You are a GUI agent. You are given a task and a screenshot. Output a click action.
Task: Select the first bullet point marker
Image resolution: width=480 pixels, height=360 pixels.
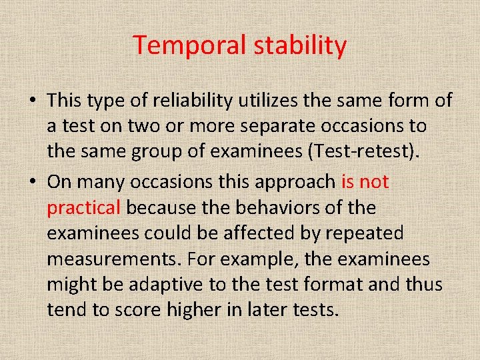pos(33,101)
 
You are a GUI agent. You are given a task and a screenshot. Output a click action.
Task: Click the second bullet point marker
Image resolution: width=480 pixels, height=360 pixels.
pos(33,183)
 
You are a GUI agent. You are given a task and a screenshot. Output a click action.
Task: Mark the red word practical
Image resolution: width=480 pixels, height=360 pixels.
pos(83,208)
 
